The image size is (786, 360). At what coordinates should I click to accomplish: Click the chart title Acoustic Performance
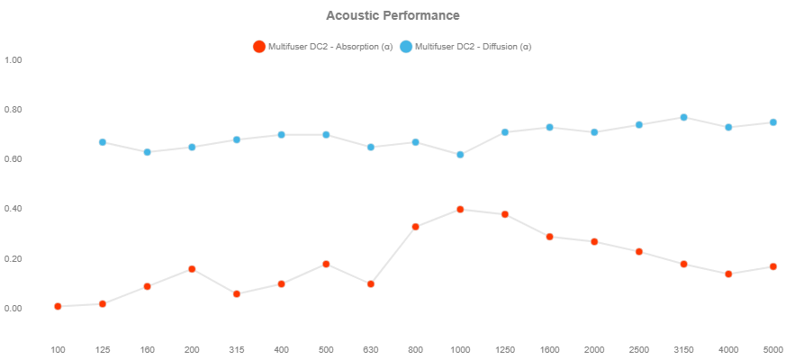point(393,15)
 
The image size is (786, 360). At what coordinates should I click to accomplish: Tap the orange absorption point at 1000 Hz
point(460,210)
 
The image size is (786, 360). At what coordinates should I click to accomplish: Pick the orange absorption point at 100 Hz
point(58,307)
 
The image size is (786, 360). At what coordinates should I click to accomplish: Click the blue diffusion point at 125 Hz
point(103,142)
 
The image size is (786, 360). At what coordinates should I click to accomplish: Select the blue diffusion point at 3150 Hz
point(683,117)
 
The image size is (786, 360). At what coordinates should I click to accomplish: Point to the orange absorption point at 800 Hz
point(415,227)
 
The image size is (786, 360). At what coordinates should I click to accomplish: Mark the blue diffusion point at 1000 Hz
point(460,155)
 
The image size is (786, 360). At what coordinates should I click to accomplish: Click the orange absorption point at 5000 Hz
point(772,266)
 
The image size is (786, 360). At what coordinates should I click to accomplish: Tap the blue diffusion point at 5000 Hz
point(772,122)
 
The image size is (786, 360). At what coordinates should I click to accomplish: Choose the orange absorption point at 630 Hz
point(371,284)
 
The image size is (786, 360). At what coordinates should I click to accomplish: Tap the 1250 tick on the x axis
point(504,349)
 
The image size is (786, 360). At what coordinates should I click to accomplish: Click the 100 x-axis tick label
point(58,349)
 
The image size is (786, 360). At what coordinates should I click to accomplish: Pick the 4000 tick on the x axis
point(727,349)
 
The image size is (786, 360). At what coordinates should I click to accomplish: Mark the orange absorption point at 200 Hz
point(192,269)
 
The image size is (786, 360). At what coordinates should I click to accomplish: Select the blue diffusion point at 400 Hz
point(281,135)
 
